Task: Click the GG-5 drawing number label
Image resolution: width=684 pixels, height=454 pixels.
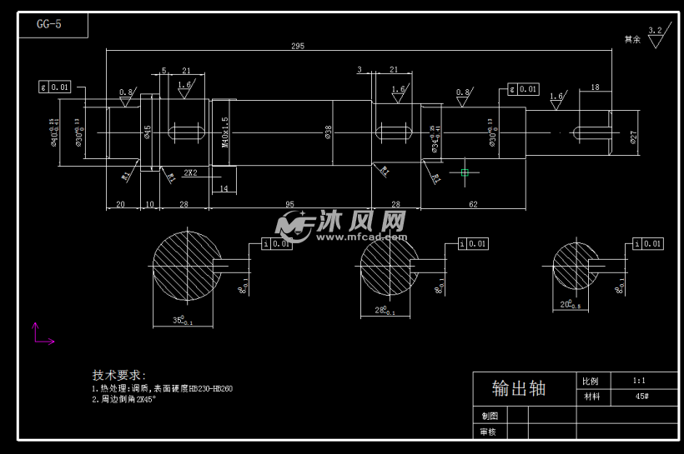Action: (x=49, y=24)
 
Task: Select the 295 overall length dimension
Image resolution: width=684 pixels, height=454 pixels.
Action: (x=297, y=47)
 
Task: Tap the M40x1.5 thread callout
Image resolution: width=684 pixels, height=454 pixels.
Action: (x=224, y=132)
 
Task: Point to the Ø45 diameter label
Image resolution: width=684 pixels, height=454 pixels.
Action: (x=148, y=132)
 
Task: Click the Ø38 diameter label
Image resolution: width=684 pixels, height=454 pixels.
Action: (x=328, y=132)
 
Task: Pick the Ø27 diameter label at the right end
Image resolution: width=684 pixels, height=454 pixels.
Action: (x=633, y=138)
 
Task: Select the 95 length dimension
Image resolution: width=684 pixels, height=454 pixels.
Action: (x=289, y=204)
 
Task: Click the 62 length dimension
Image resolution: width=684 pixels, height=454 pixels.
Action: (x=473, y=204)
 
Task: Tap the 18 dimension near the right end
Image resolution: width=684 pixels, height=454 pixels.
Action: (x=594, y=87)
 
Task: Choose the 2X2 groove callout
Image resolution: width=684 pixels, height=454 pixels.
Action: (x=190, y=173)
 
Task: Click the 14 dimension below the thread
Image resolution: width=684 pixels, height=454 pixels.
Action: (x=224, y=189)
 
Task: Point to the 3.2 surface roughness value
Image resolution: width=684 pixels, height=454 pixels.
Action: (x=655, y=30)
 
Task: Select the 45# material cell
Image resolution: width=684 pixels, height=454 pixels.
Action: (x=641, y=397)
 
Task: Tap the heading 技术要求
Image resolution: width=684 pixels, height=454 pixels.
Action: (x=118, y=376)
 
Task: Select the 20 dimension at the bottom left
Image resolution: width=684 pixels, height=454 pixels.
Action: (x=120, y=204)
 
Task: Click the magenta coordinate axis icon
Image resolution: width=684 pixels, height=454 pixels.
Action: (x=39, y=334)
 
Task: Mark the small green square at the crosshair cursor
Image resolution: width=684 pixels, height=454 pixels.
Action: (x=465, y=172)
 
